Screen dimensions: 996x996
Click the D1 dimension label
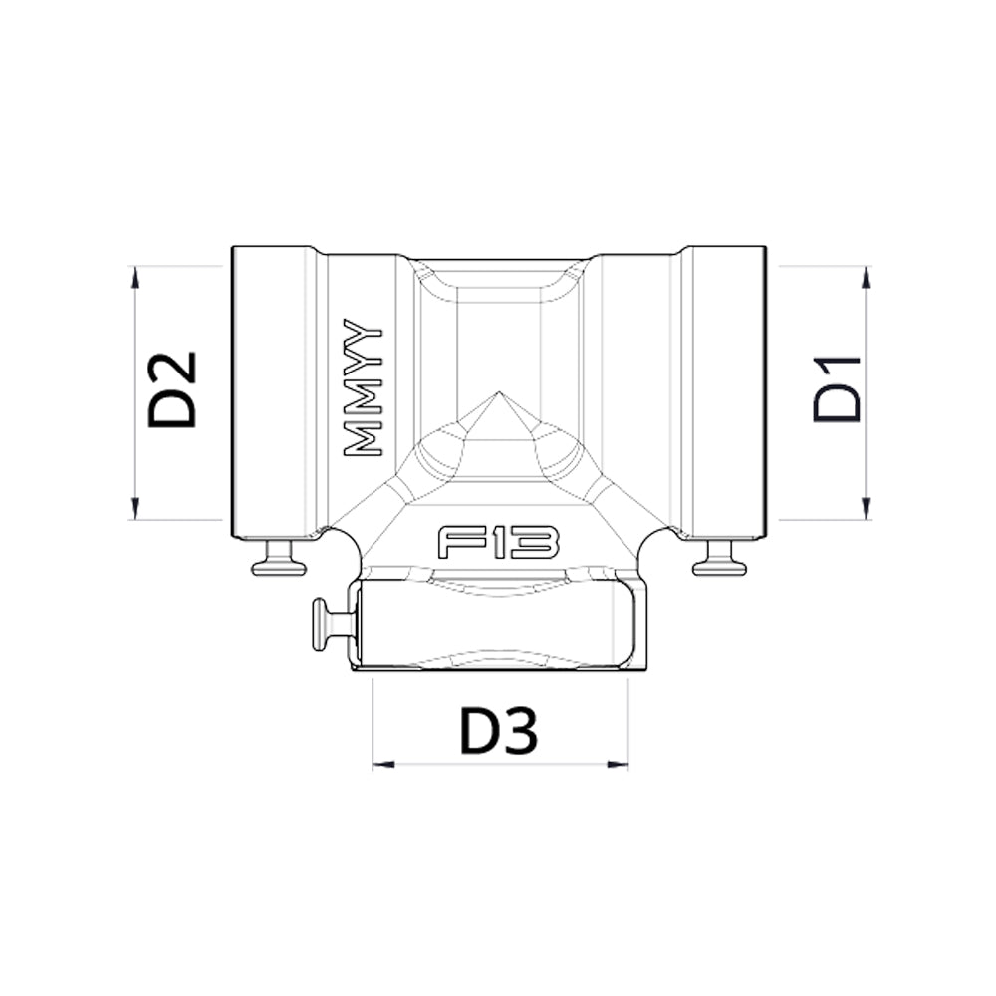[837, 389]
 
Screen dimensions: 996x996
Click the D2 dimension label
[171, 388]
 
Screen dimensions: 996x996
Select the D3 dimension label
[499, 731]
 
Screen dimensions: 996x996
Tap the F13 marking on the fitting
[499, 542]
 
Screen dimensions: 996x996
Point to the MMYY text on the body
[363, 387]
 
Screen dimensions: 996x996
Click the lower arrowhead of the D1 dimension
[865, 508]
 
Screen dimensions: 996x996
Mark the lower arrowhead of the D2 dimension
[134, 508]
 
